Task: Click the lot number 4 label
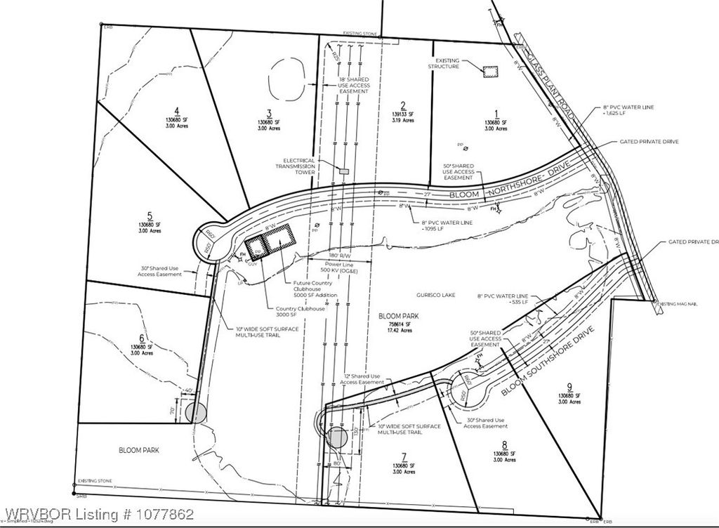pos(178,110)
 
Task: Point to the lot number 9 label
pos(570,385)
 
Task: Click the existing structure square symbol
pos(489,71)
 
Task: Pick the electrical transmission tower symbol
pos(343,171)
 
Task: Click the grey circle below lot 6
pos(197,413)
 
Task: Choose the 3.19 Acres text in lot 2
pos(403,121)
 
